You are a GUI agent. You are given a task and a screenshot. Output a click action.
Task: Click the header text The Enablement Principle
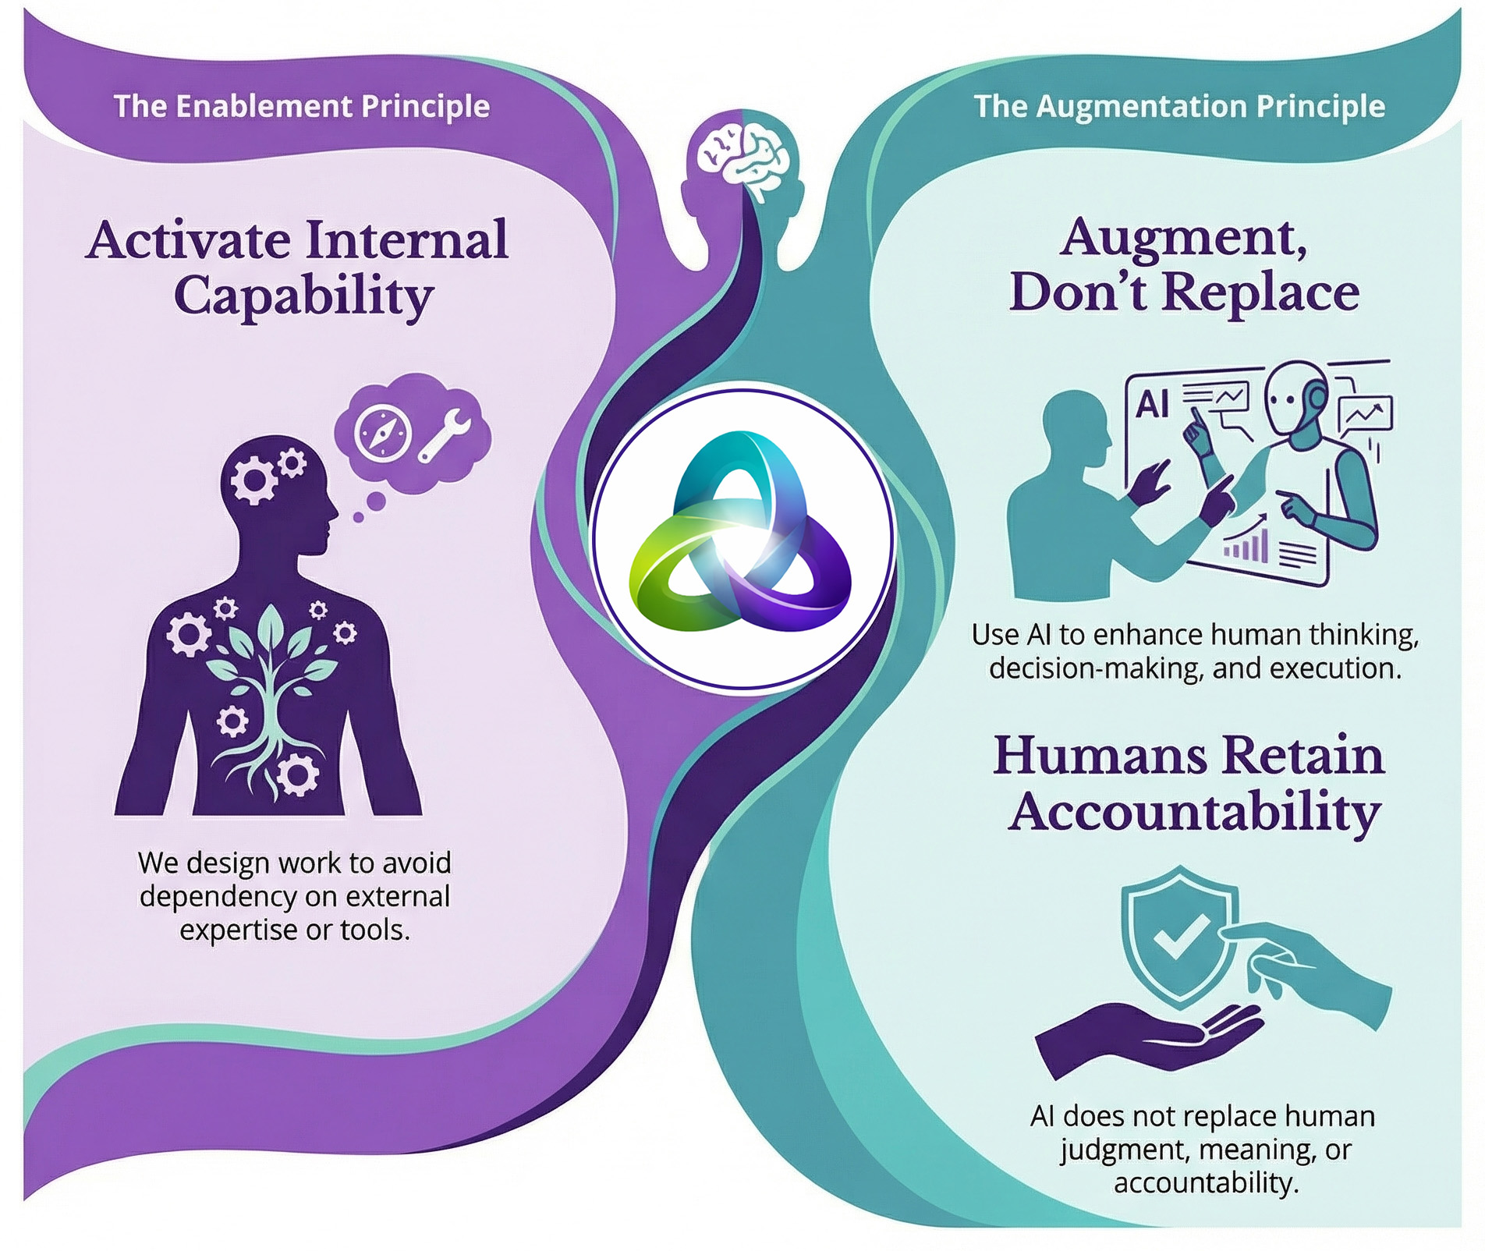tap(302, 106)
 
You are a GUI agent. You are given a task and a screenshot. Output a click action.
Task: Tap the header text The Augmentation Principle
tap(1180, 106)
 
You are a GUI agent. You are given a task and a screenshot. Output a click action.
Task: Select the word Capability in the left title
tap(303, 297)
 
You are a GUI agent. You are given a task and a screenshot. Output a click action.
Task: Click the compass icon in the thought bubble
tap(381, 431)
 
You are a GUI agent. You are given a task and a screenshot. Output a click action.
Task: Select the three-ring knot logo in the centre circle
tap(740, 530)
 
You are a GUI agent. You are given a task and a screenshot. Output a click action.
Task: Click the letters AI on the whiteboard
tap(1152, 403)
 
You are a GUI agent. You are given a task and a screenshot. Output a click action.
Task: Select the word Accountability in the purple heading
tap(1194, 813)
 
